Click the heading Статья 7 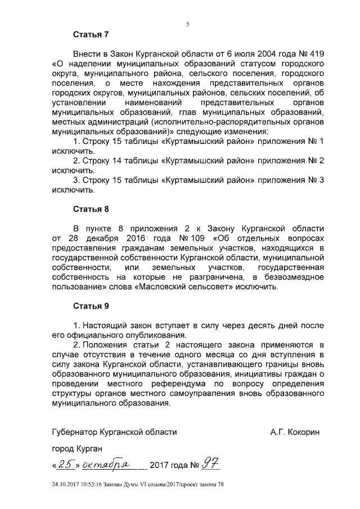91,34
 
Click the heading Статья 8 91,209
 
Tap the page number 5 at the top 187,23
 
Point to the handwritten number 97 211,465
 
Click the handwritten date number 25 65,465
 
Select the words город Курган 77,450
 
